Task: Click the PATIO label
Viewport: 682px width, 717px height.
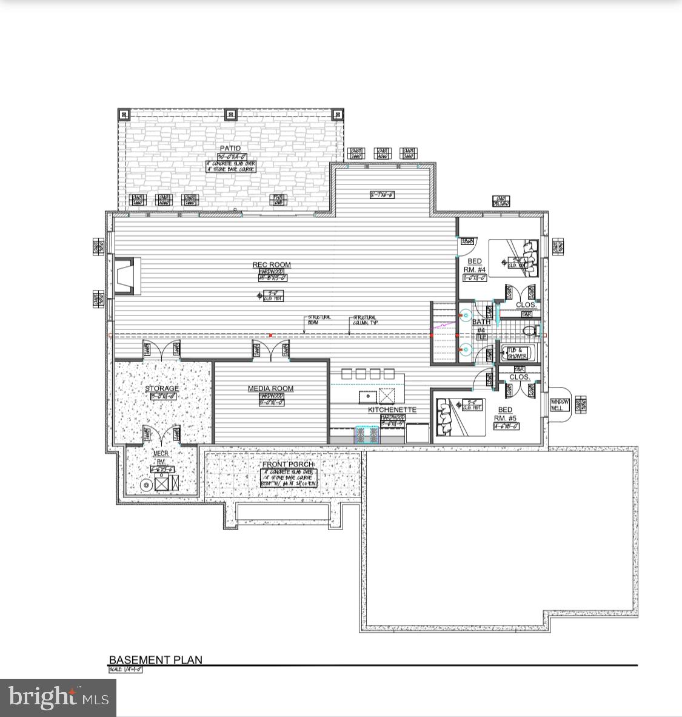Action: pyautogui.click(x=230, y=149)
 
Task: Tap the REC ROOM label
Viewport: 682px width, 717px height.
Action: pyautogui.click(x=272, y=265)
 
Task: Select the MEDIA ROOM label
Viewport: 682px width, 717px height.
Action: pyautogui.click(x=270, y=389)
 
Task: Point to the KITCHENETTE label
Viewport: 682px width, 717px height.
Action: pyautogui.click(x=392, y=410)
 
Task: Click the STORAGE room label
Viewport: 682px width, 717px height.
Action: pyautogui.click(x=162, y=389)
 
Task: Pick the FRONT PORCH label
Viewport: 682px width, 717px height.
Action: pyautogui.click(x=289, y=465)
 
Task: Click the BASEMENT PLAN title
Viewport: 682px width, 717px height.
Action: pyautogui.click(x=156, y=660)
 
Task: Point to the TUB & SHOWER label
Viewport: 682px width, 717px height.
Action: pyautogui.click(x=517, y=354)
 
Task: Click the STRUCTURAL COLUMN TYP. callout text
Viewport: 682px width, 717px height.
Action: pyautogui.click(x=366, y=320)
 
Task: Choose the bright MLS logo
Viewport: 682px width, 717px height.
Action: pyautogui.click(x=58, y=697)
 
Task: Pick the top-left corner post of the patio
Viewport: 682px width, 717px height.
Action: pyautogui.click(x=124, y=114)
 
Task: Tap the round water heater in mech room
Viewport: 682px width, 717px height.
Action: pyautogui.click(x=145, y=485)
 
